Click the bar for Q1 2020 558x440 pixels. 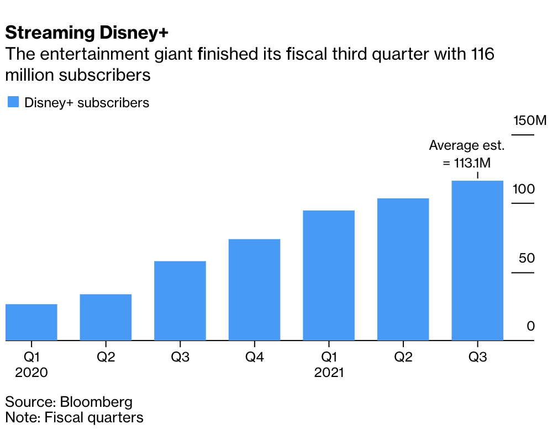31,322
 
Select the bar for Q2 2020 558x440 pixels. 106,317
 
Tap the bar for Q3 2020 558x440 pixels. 180,301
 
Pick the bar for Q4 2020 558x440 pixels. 254,290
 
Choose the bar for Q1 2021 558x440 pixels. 329,275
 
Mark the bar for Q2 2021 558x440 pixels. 403,269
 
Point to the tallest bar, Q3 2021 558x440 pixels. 477,260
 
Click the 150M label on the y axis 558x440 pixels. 529,120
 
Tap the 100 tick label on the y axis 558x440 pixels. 523,189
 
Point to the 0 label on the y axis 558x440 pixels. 530,326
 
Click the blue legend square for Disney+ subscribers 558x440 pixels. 13,102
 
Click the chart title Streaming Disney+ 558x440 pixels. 87,33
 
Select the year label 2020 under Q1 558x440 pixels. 31,373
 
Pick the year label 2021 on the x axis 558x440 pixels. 329,373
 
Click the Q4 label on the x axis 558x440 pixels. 254,357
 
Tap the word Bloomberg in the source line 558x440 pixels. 96,401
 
